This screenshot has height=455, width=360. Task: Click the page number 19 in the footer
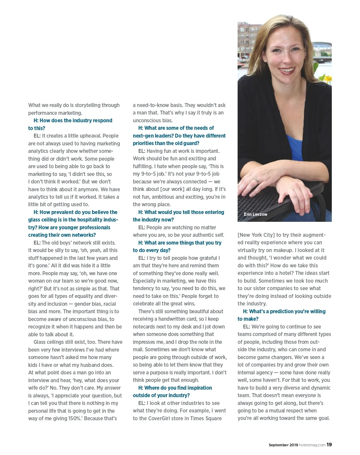pos(329,445)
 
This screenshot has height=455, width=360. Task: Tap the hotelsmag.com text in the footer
pos(312,445)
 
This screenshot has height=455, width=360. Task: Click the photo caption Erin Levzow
pos(255,214)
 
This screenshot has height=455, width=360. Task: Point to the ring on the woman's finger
pos(257,180)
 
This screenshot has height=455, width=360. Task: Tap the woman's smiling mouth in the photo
pos(287,71)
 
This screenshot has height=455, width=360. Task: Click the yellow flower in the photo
pos(328,79)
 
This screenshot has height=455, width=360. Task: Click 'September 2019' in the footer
pos(283,445)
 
